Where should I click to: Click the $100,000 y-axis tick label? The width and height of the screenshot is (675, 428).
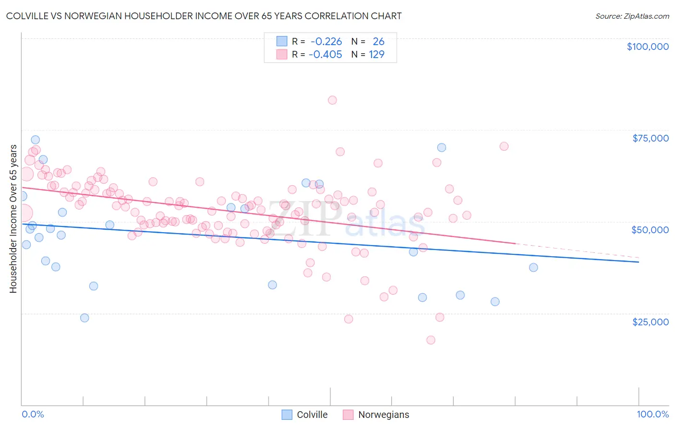point(647,47)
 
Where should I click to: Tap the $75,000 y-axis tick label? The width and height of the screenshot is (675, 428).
point(650,138)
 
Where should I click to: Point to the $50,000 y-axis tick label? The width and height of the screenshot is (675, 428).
point(650,230)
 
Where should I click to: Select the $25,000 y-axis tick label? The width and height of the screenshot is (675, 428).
point(650,321)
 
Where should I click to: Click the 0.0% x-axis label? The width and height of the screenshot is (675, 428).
point(33,414)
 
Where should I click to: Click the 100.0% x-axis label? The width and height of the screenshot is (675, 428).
point(652,414)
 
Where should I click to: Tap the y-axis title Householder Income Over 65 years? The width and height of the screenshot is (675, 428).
point(13,218)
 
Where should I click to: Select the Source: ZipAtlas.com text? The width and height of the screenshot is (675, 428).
point(632,16)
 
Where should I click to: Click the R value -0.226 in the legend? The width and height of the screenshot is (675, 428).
point(325,42)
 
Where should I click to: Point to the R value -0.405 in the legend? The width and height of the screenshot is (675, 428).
point(325,55)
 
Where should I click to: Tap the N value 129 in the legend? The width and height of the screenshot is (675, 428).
point(376,55)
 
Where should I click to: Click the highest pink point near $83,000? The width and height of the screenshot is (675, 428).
point(332,100)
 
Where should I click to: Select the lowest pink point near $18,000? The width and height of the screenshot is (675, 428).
point(431,340)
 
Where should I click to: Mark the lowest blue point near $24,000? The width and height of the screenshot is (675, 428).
point(84,318)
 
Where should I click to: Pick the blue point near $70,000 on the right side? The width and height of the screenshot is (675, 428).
point(442,147)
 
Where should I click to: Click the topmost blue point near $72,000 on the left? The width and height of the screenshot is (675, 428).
point(36,140)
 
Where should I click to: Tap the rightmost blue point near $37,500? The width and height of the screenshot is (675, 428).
point(533,267)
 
